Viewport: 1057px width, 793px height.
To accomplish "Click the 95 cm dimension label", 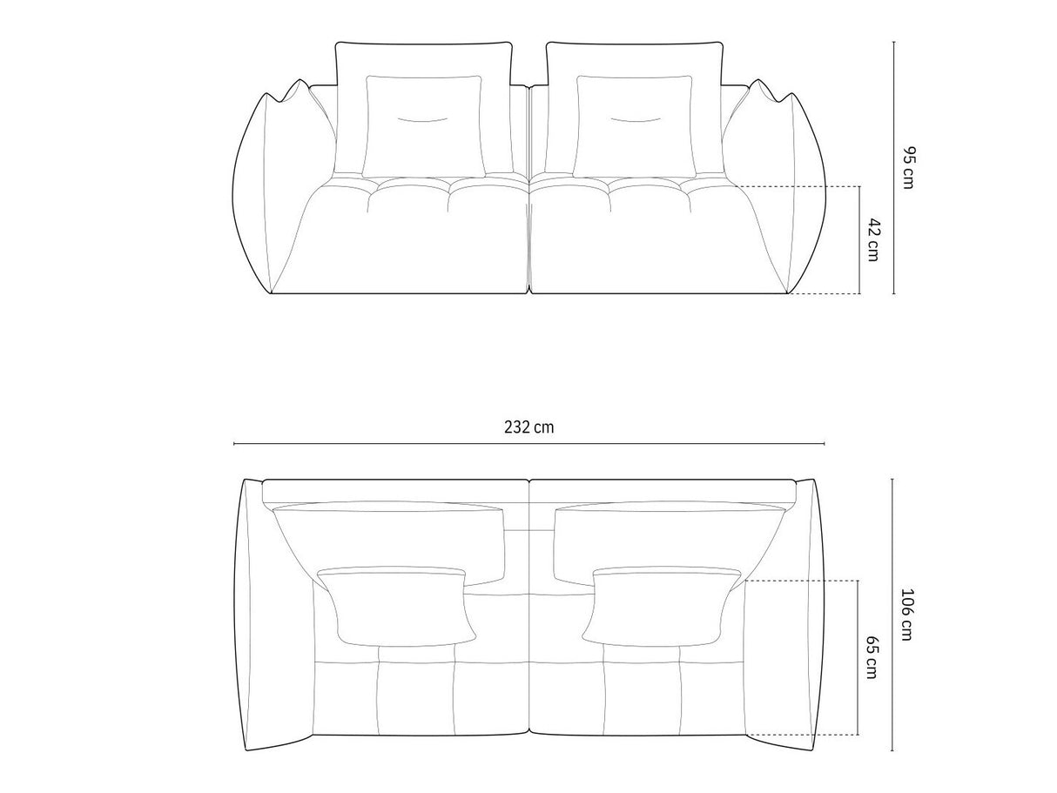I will click(907, 169).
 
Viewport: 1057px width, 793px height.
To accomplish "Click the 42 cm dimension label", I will click(873, 239).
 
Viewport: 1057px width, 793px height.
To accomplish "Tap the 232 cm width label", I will click(528, 427).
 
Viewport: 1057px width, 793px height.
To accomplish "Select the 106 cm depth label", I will click(906, 615).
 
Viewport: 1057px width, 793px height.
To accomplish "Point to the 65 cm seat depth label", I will click(873, 656).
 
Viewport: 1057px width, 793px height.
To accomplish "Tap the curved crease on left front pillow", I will click(423, 118).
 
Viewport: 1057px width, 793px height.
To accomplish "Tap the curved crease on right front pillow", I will click(635, 118).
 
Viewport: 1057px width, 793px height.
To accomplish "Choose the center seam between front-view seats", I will click(529, 235).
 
